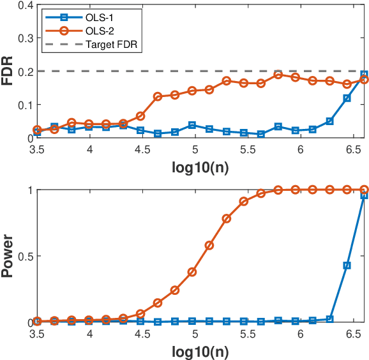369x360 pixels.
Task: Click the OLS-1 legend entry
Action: coord(86,13)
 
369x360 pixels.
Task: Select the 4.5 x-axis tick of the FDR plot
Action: coord(142,149)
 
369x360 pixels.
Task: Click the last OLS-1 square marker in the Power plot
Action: coord(364,195)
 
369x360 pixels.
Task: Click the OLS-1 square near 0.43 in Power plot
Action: coord(347,265)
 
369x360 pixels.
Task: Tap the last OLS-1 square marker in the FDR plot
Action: coord(364,74)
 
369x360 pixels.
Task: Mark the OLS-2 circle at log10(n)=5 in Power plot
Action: coord(192,271)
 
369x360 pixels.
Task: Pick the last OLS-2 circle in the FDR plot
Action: coord(364,80)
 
